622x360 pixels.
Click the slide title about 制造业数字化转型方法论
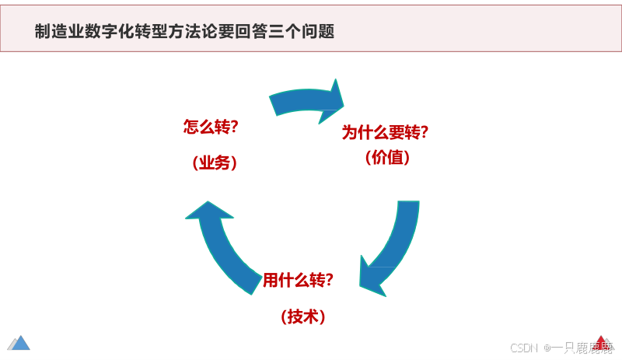185,32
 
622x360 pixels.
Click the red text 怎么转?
210,128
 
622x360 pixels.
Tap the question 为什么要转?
386,132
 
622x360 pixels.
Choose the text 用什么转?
299,280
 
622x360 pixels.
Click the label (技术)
302,316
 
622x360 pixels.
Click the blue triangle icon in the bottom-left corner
19,342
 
